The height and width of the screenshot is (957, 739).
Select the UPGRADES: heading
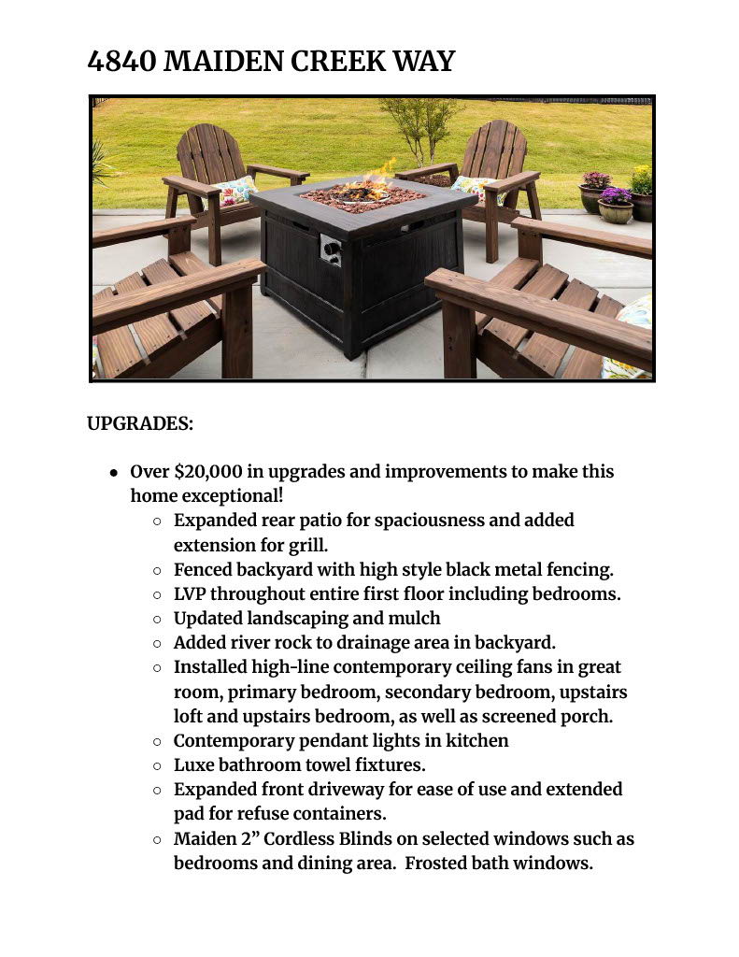click(x=140, y=423)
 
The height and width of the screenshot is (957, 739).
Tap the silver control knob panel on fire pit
click(x=331, y=250)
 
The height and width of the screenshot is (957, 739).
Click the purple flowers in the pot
click(x=615, y=196)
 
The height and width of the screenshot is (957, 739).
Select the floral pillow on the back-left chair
click(x=235, y=191)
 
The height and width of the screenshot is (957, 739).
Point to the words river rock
click(x=263, y=642)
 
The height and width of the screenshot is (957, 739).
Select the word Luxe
click(x=194, y=764)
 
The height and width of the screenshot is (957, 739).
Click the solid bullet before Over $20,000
click(x=113, y=472)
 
